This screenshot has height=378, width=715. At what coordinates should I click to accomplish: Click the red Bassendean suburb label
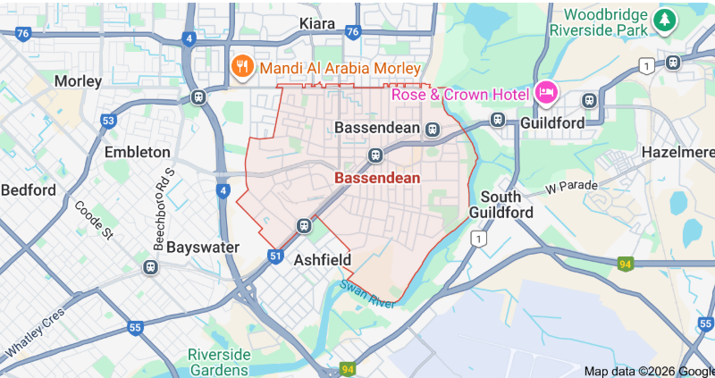point(377,178)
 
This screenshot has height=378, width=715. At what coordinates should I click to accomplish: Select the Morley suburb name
point(79,81)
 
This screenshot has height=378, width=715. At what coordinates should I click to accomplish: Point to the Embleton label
point(137,152)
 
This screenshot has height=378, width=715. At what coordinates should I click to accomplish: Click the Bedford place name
point(29,189)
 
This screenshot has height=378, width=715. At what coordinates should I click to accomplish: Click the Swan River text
point(366,294)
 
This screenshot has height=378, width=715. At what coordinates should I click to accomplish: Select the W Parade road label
point(572,189)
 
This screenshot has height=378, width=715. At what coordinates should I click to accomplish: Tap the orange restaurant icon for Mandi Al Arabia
point(241,67)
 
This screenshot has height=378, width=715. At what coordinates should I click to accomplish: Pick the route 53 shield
point(108,121)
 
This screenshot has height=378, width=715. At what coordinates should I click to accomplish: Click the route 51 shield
point(275,256)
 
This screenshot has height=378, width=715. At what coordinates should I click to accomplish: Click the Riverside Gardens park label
point(218,362)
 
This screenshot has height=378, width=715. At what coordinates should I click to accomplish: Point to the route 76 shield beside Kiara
point(353,31)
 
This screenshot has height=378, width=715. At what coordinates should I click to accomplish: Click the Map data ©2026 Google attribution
point(648,371)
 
